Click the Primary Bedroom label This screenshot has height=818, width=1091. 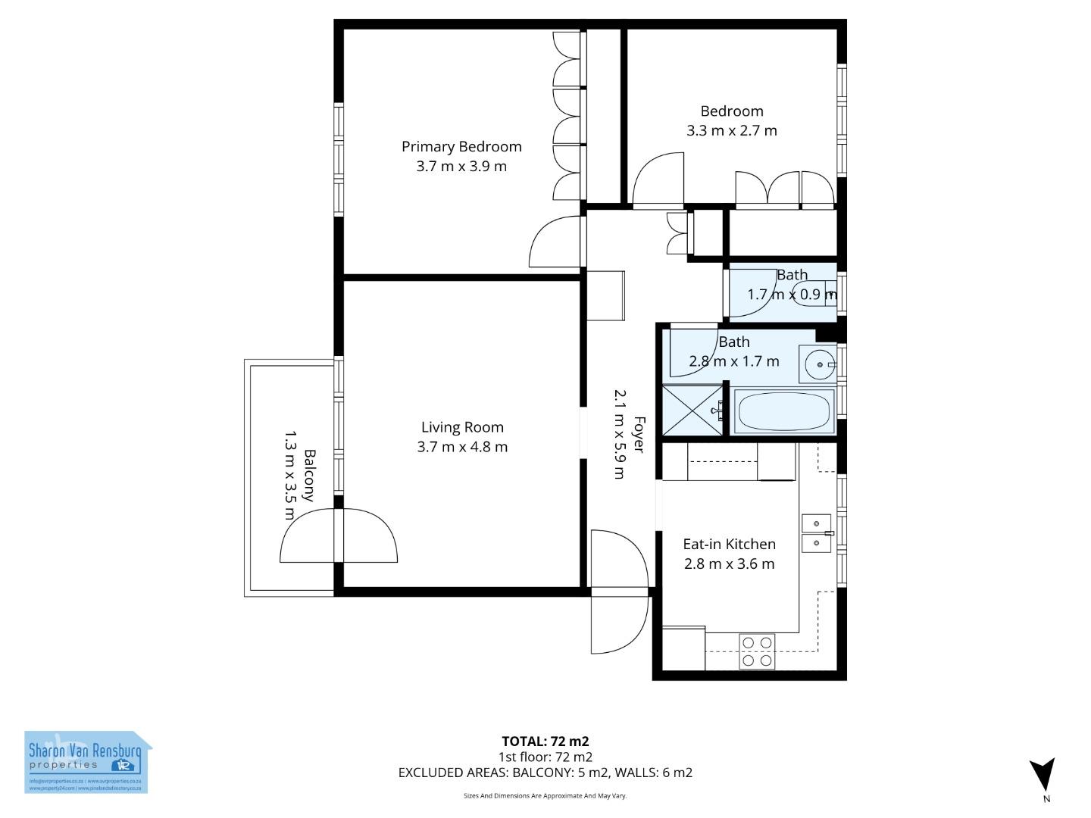coord(461,147)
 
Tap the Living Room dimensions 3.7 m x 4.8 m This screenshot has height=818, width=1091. coord(462,447)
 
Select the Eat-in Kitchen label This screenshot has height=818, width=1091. coord(729,544)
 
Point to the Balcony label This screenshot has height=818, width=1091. coord(309,476)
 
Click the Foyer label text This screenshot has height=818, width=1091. coord(638,435)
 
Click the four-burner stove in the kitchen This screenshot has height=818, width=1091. coord(757,651)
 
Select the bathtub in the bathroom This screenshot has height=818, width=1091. coord(784,411)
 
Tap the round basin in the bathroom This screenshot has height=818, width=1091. coord(818,365)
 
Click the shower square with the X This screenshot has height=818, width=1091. coord(693,410)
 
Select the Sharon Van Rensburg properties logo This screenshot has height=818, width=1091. coord(87,762)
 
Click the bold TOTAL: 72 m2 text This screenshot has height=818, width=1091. coord(545,742)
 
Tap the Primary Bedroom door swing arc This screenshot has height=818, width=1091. coord(555,241)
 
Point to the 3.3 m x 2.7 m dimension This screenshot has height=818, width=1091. coord(732,130)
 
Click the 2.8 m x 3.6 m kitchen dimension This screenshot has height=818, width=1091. coord(729,564)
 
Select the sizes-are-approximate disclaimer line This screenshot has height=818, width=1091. coord(545,795)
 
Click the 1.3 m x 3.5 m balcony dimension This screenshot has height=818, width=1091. coord(289,476)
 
